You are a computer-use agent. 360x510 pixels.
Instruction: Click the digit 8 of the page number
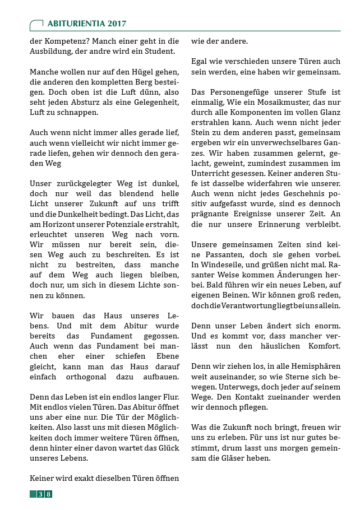pyautogui.click(x=49, y=494)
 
